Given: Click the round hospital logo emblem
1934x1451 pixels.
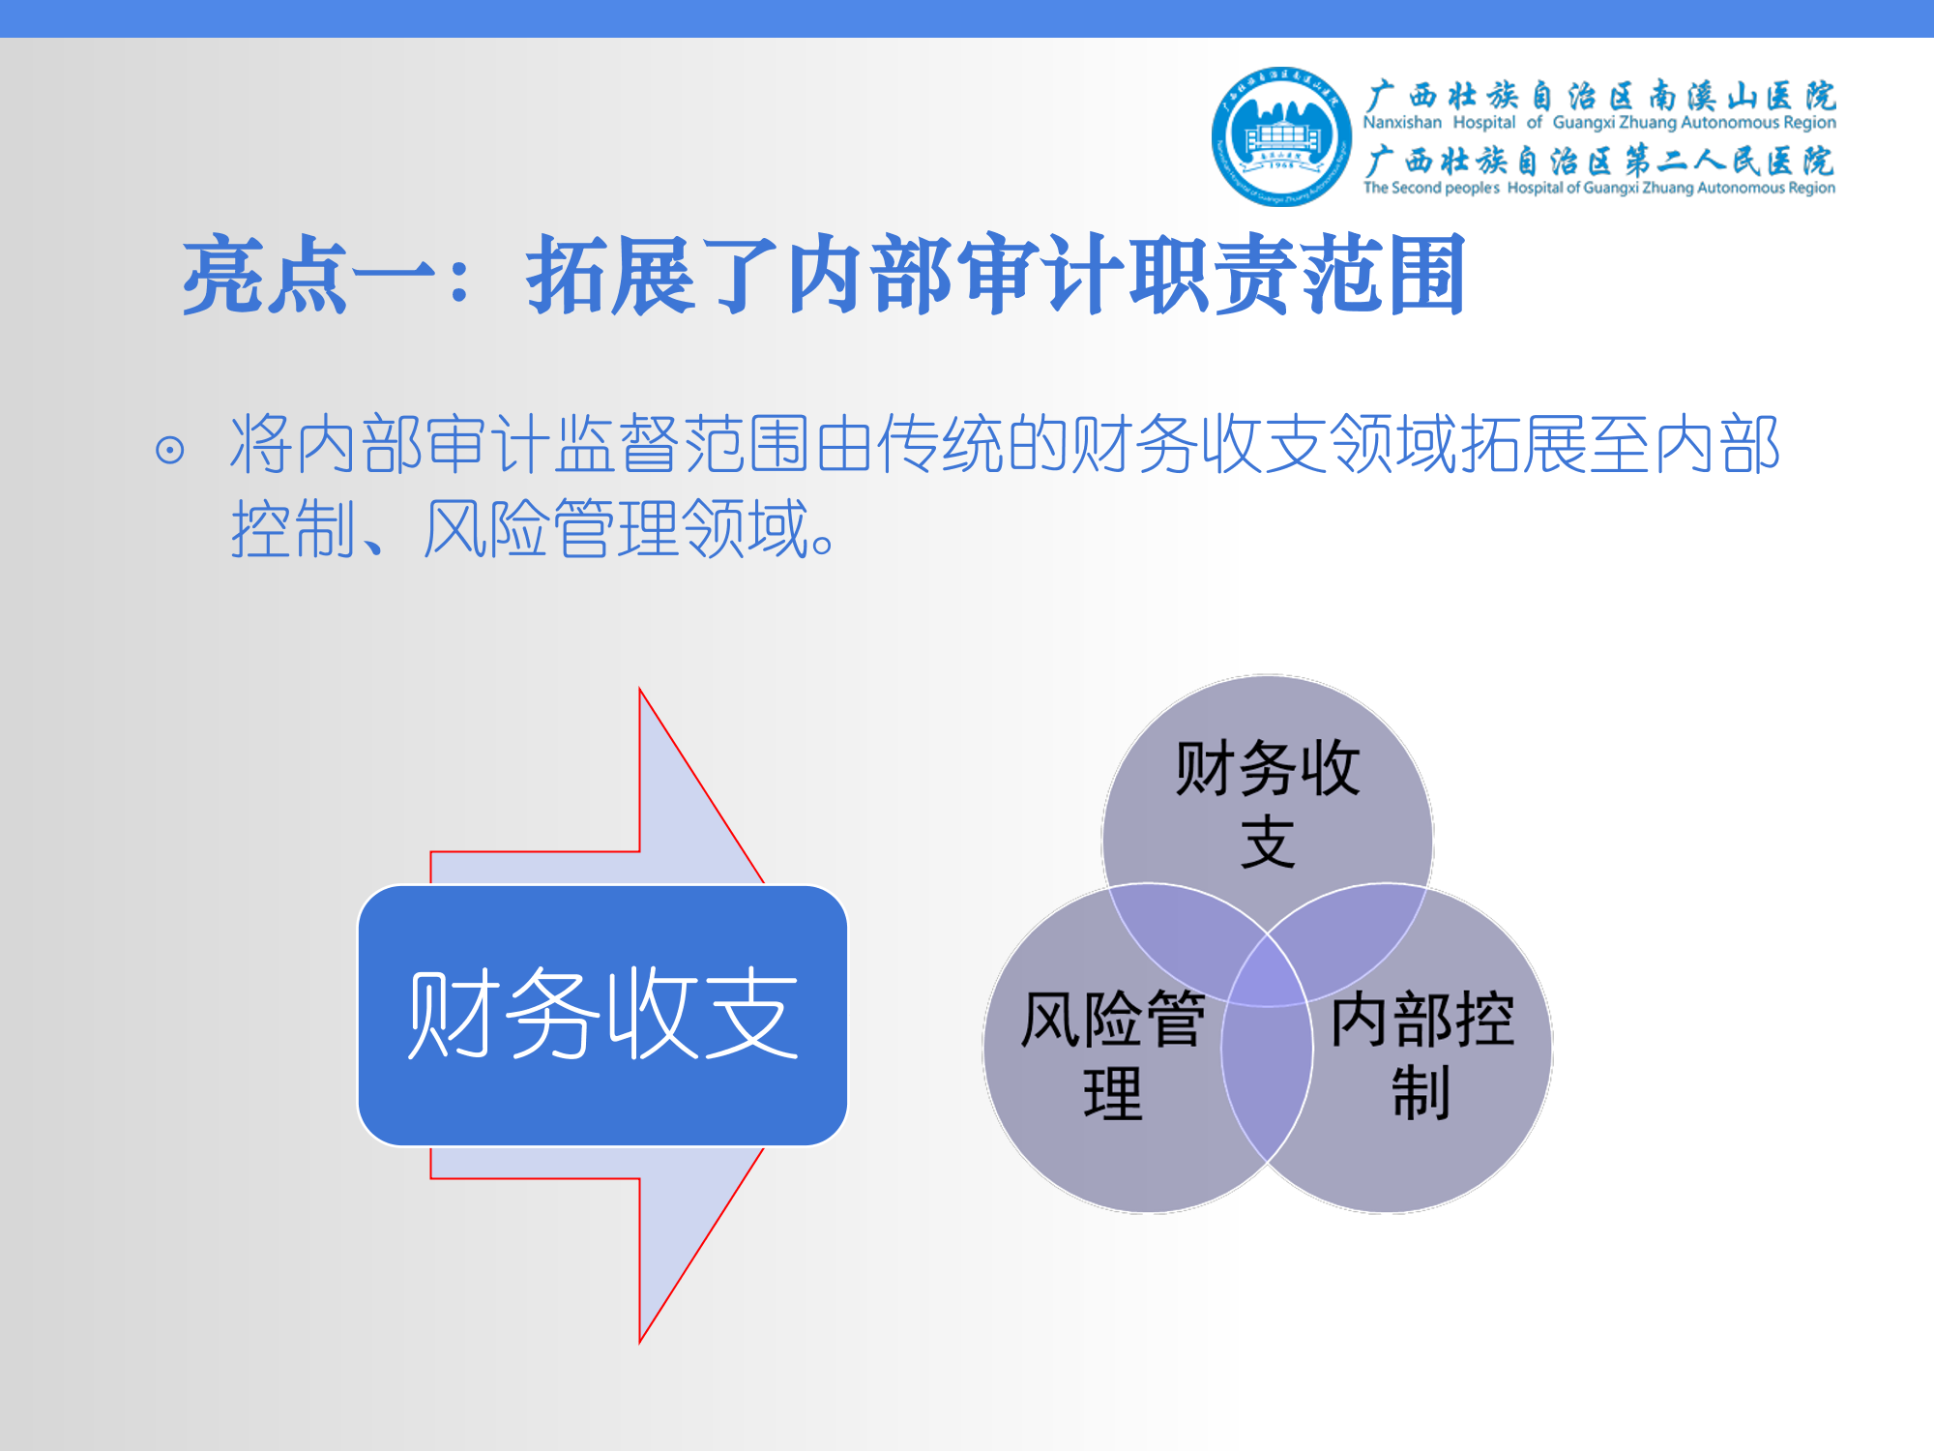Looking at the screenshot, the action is pos(1281,136).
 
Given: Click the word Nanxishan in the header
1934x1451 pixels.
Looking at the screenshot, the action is pos(1402,123).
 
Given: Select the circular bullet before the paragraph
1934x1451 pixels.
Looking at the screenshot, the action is pos(169,450).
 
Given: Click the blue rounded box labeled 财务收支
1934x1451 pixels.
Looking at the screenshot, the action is pos(602,1016).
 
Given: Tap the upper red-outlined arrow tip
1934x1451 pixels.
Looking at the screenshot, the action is pos(640,689).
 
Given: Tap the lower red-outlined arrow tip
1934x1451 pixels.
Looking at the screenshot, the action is pos(640,1343).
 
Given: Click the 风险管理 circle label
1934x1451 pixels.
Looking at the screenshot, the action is pos(1112,1055).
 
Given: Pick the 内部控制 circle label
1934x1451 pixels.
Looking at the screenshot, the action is pos(1421,1055).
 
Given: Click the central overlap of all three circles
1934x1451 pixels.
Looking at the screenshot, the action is pos(1268,972).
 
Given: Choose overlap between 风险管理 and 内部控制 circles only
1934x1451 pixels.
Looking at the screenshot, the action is pos(1268,1083).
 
